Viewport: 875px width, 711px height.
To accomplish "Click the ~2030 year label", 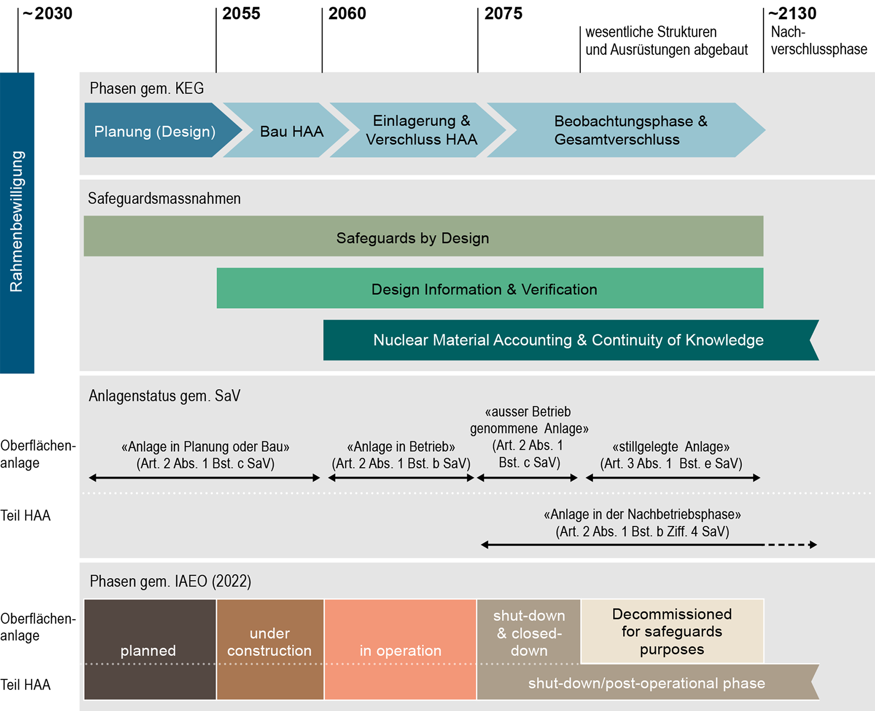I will [x=48, y=13].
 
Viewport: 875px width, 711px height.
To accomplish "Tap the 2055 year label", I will [x=241, y=13].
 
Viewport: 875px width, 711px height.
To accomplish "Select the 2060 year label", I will [x=347, y=13].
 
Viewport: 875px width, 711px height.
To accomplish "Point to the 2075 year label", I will [x=503, y=13].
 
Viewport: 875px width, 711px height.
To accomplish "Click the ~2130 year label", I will [x=793, y=13].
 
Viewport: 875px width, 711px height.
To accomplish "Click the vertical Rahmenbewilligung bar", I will [x=17, y=222].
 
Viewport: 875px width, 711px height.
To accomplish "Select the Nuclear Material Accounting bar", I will [x=568, y=340].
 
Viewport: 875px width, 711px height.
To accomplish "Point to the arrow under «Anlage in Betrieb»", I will [x=401, y=478].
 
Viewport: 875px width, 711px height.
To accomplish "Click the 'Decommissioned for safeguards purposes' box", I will [x=672, y=632].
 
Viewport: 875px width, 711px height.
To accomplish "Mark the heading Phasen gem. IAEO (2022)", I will [x=170, y=581].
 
